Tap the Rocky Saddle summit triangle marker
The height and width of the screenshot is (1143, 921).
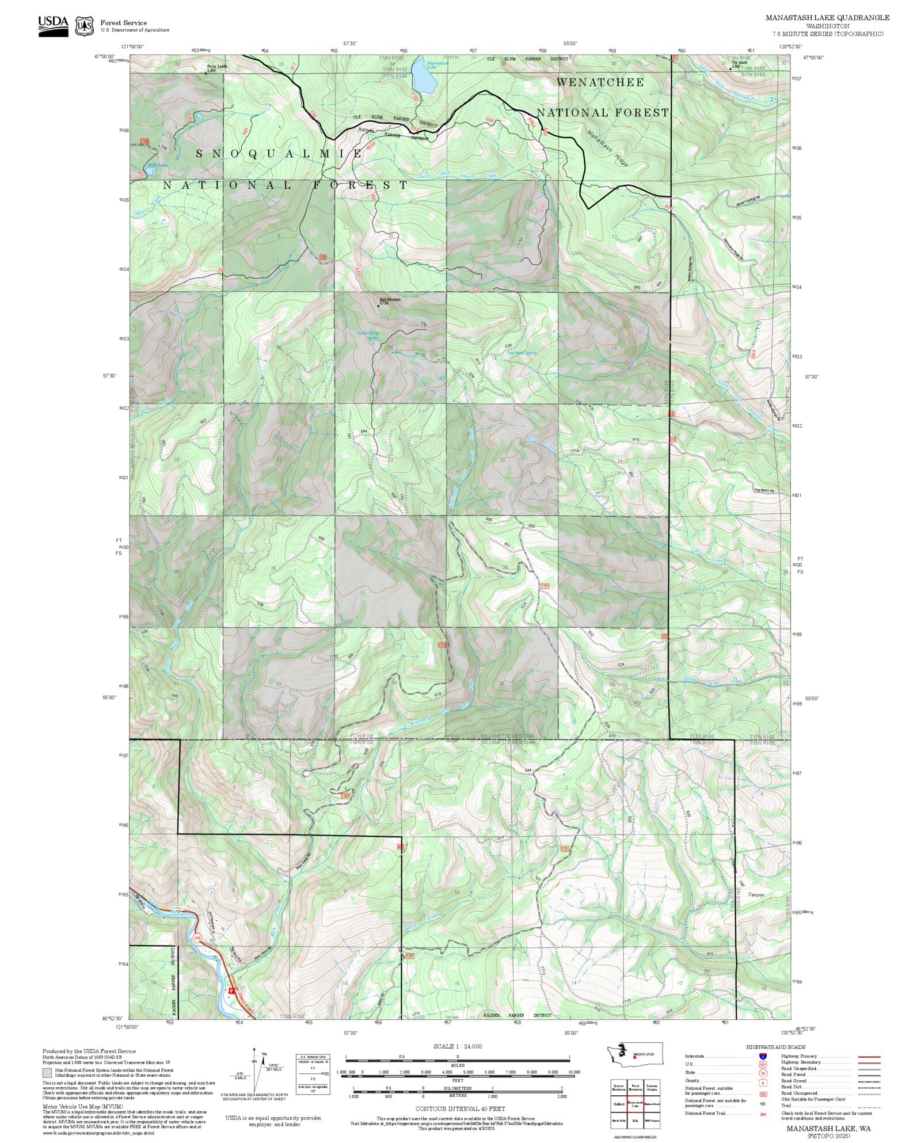coord(207,73)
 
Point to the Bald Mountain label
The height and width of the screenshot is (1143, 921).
coord(390,300)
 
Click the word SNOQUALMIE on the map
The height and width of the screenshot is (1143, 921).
coord(279,153)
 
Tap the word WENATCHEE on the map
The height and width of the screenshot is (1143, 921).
coord(600,82)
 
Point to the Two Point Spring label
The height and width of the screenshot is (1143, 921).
coord(522,353)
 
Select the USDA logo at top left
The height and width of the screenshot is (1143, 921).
coord(53,26)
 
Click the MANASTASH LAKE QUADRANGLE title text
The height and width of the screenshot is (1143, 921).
coord(827,18)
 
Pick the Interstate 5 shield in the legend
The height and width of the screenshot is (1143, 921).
coord(763,1056)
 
